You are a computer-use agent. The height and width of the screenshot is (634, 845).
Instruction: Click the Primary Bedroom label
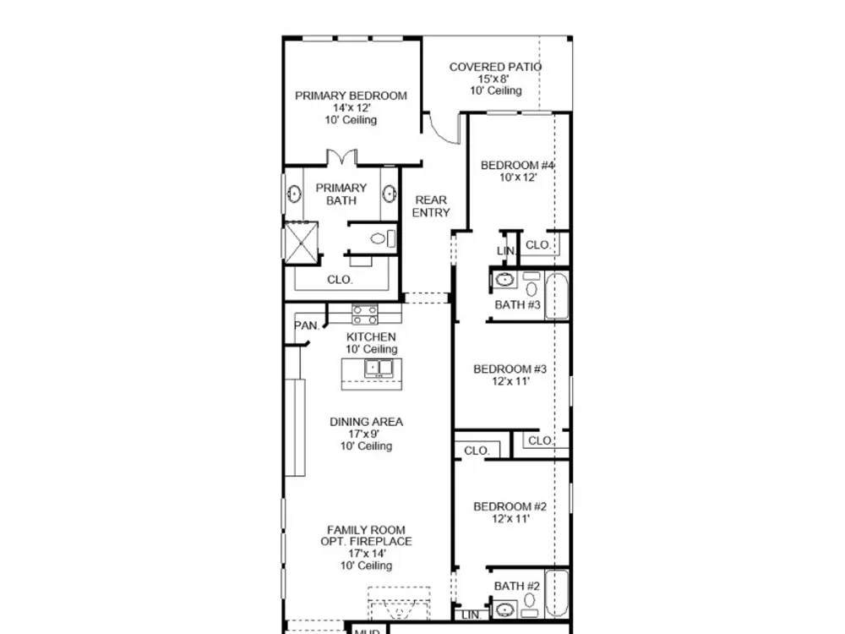coord(351,96)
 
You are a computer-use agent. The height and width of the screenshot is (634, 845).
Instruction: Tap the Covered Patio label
coord(495,67)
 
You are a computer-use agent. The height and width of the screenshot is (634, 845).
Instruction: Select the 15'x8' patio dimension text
coord(493,79)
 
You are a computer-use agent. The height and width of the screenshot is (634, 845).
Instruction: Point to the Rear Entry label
coord(431,206)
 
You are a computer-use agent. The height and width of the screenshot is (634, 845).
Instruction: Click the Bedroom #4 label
coord(517,165)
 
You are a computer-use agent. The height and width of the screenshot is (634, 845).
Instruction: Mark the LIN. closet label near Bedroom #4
coord(506,251)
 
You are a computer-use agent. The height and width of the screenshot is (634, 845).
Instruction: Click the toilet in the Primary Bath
coord(383,238)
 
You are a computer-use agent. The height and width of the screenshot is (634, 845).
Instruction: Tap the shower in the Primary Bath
coord(301,243)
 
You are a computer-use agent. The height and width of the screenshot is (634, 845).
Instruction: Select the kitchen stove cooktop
coord(365,314)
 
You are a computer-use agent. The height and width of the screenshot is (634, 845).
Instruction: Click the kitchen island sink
coord(379,369)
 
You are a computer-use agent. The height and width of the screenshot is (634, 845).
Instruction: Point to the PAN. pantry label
coord(306,325)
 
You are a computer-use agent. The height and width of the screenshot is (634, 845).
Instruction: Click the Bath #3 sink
coord(504,280)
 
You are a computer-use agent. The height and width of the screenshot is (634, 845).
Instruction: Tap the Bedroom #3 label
coord(510,369)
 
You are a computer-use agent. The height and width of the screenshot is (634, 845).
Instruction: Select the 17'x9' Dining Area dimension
coord(363,434)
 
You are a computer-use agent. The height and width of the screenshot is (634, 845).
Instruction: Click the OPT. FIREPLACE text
coord(366,541)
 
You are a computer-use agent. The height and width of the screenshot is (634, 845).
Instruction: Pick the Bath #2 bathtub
coord(557,593)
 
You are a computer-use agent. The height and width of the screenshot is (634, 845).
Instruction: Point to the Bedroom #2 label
coord(510,506)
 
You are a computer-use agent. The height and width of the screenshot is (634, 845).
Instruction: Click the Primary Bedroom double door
coord(341,157)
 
